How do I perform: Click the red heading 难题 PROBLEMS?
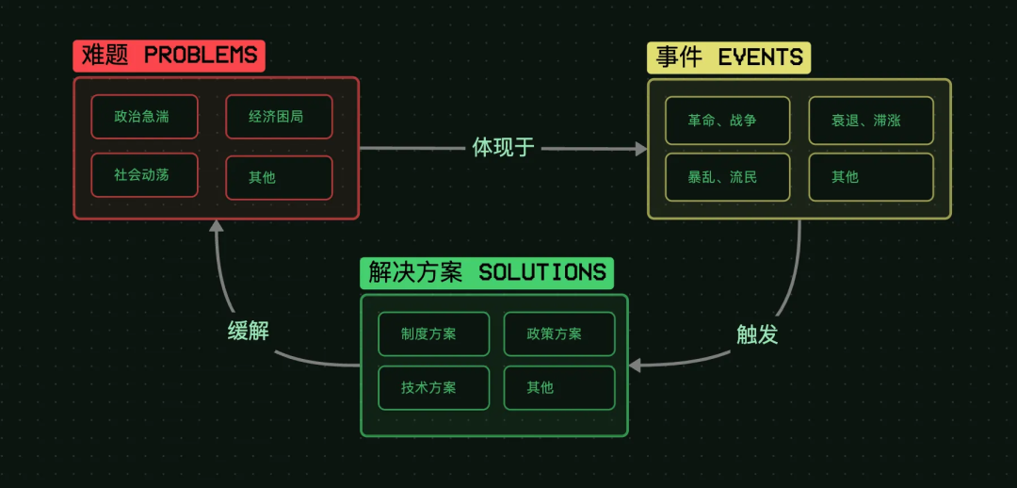point(169,56)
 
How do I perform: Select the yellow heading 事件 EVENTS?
point(729,57)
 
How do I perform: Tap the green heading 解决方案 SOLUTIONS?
point(487,273)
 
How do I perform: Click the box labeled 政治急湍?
point(144,117)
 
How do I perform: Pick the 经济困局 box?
point(279,117)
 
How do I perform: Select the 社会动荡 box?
point(144,175)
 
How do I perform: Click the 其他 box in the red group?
point(279,177)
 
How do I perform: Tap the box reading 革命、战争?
point(727,121)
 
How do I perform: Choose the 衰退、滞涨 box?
point(871,121)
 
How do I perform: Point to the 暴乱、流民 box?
point(727,177)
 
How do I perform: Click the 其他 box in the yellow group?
point(871,177)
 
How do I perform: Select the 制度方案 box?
point(433,333)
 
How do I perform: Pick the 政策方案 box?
point(559,333)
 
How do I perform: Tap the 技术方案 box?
point(433,387)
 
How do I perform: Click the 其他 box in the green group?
point(559,387)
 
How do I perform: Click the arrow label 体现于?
point(503,148)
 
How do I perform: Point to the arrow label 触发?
point(756,333)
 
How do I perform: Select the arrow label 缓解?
point(249,331)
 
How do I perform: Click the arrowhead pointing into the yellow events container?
point(641,149)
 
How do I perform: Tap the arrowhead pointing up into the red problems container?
point(216,226)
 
